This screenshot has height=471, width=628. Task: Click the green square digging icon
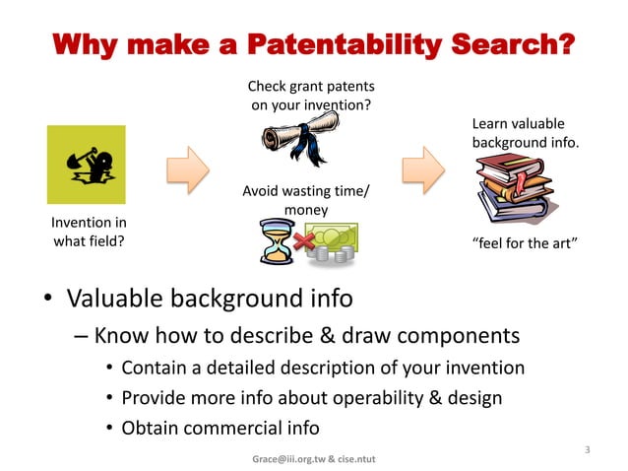click(87, 165)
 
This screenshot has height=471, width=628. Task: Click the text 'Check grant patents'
click(310, 88)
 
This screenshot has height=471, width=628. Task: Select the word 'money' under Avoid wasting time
click(306, 210)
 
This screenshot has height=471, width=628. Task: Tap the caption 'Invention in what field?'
click(89, 232)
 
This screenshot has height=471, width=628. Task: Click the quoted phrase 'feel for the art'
click(525, 242)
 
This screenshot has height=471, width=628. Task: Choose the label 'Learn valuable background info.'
click(526, 134)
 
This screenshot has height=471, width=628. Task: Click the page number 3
click(587, 450)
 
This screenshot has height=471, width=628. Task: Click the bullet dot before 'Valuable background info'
click(47, 299)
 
